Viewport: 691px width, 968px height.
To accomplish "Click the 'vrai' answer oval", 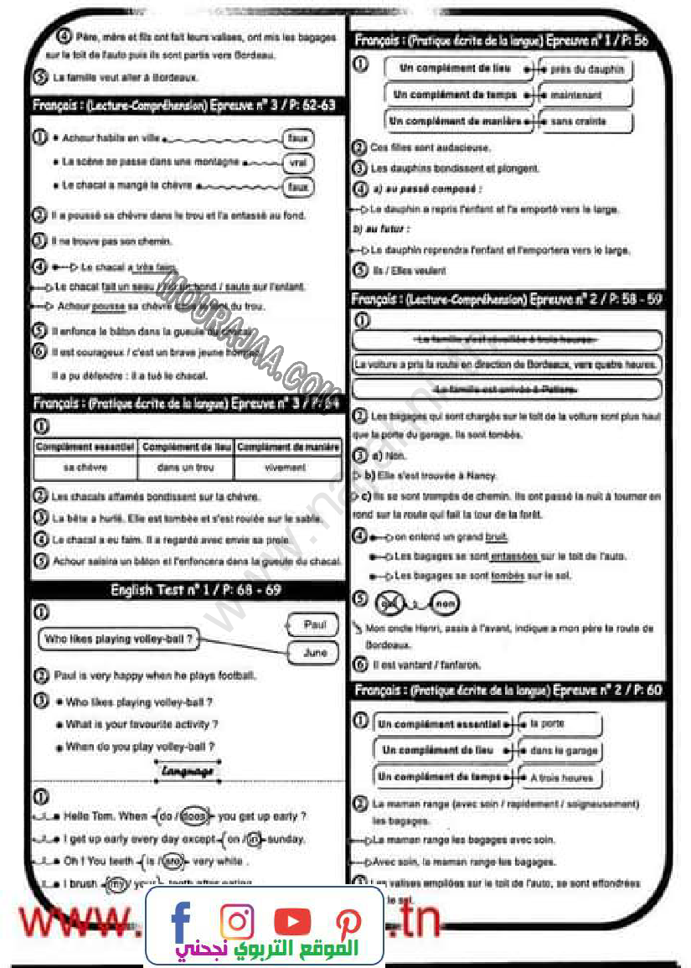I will point(297,163).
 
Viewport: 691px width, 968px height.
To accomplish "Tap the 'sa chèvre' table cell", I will point(85,467).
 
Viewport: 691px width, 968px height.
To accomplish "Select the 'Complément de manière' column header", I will point(288,448).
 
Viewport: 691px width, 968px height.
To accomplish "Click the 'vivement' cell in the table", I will point(287,467).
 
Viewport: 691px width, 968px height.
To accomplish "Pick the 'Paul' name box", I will point(314,624).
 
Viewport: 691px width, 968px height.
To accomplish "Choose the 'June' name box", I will point(314,652).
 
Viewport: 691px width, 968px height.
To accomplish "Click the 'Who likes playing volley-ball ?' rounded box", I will point(120,639).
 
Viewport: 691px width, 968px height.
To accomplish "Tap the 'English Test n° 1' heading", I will point(196,590).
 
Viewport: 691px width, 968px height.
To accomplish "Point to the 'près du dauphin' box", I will point(585,70).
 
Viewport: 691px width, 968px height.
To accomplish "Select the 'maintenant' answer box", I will point(585,96).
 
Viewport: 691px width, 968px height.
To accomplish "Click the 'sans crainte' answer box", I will point(585,122).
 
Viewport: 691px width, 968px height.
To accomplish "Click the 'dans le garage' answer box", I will point(560,751).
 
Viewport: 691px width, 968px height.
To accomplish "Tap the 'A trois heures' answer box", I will point(561,778).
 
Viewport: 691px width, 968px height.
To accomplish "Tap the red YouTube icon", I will point(291,921).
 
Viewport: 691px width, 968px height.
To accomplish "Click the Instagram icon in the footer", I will point(237,921).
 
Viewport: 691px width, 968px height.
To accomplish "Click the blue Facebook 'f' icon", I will point(180,920).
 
